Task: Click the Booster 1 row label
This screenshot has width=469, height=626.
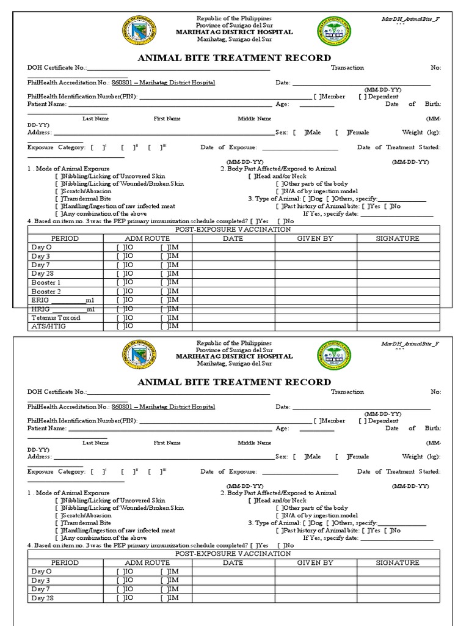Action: click(x=46, y=282)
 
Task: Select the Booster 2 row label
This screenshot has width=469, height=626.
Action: click(x=46, y=292)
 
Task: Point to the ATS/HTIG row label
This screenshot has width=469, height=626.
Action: click(x=48, y=327)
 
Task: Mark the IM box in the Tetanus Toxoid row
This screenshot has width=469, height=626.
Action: click(x=164, y=318)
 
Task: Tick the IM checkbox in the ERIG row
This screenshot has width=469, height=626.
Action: click(x=164, y=300)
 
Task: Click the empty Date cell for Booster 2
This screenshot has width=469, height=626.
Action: click(x=233, y=292)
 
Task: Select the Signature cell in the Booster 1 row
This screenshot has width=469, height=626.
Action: click(x=398, y=282)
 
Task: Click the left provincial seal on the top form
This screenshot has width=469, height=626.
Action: click(x=139, y=30)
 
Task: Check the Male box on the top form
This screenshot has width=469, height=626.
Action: click(x=296, y=132)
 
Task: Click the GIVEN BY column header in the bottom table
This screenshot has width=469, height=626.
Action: click(x=315, y=562)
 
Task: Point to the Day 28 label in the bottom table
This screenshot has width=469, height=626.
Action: click(x=42, y=598)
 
